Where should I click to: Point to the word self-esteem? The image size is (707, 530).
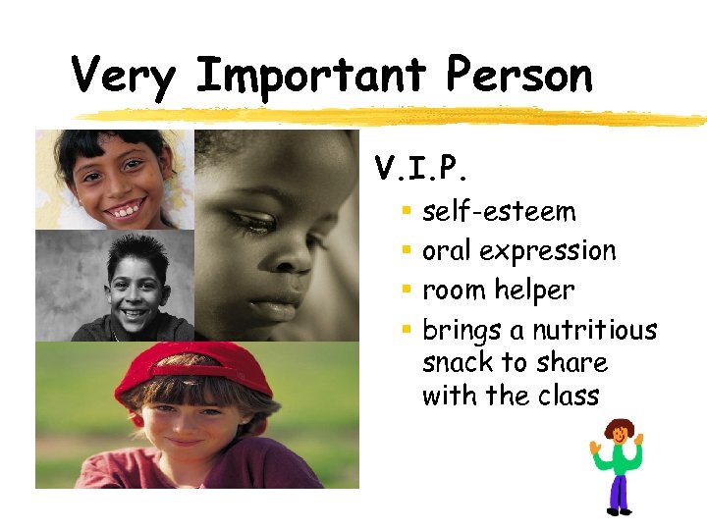(x=499, y=212)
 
